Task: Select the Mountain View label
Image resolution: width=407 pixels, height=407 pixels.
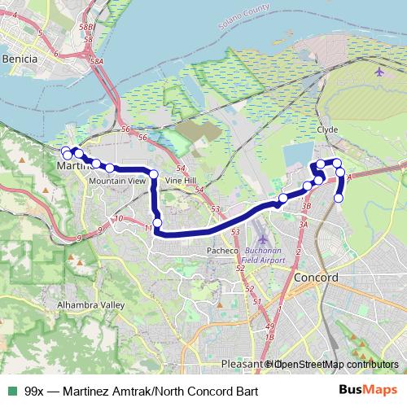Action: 117,180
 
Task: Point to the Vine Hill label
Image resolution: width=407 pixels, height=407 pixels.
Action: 181,180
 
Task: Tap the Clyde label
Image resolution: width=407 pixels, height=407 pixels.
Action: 327,130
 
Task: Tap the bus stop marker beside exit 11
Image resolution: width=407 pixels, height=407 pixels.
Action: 157,222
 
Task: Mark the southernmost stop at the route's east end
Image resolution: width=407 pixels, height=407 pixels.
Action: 339,198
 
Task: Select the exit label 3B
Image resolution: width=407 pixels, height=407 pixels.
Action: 307,207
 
